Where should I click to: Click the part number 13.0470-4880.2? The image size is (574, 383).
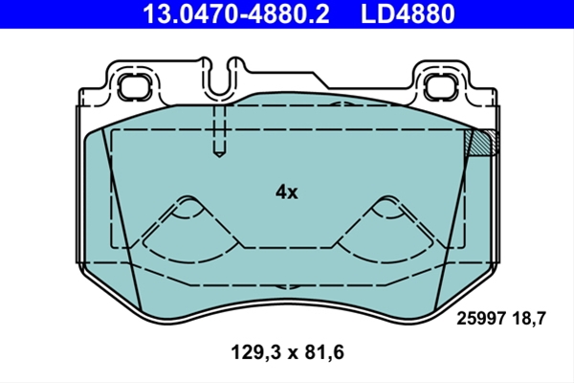[236, 13]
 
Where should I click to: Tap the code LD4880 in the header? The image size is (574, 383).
[408, 13]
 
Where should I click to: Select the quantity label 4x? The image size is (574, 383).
[287, 191]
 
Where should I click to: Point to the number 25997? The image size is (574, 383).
[481, 318]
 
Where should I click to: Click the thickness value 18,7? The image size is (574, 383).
[529, 318]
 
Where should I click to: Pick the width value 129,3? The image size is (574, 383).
[256, 352]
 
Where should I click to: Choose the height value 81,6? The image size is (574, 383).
[324, 352]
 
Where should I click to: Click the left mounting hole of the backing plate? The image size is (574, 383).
[135, 87]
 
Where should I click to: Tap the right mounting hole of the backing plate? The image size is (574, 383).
[440, 87]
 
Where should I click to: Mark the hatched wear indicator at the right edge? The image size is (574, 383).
[482, 142]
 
